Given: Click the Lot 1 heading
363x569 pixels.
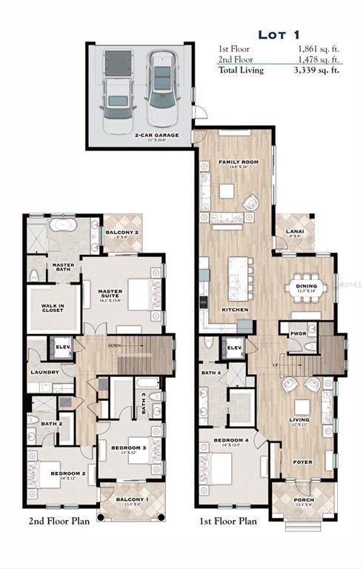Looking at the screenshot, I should (279, 34).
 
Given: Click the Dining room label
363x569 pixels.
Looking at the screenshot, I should (306, 286).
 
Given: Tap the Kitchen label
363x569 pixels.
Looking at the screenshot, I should (235, 309).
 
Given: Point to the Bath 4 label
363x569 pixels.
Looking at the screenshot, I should (212, 372).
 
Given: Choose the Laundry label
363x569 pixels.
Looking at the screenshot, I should (44, 372).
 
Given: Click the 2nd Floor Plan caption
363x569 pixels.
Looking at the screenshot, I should (59, 521).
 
